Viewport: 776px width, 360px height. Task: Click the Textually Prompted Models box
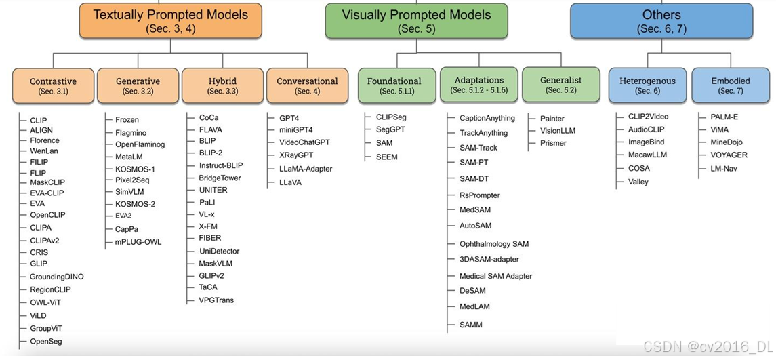[x=170, y=21]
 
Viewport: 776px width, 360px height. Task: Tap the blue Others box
[x=661, y=21]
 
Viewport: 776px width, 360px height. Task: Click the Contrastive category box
[x=53, y=85]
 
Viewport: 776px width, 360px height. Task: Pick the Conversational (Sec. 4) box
[x=307, y=85]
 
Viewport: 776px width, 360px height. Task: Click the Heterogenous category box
[x=647, y=85]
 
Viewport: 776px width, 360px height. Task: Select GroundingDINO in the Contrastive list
[x=57, y=277]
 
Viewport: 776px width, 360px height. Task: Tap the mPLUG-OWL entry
[x=138, y=242]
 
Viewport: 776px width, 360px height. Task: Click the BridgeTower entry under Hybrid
[x=220, y=178]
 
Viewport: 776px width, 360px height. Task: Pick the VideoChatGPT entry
[x=304, y=143]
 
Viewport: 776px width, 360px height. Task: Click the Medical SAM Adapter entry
[x=495, y=276]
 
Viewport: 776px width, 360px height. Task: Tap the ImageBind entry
[x=646, y=142]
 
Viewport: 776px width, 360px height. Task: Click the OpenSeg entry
[x=46, y=342]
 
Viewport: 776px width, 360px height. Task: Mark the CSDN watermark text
[x=706, y=346]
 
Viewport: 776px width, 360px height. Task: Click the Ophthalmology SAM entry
[x=493, y=244]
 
